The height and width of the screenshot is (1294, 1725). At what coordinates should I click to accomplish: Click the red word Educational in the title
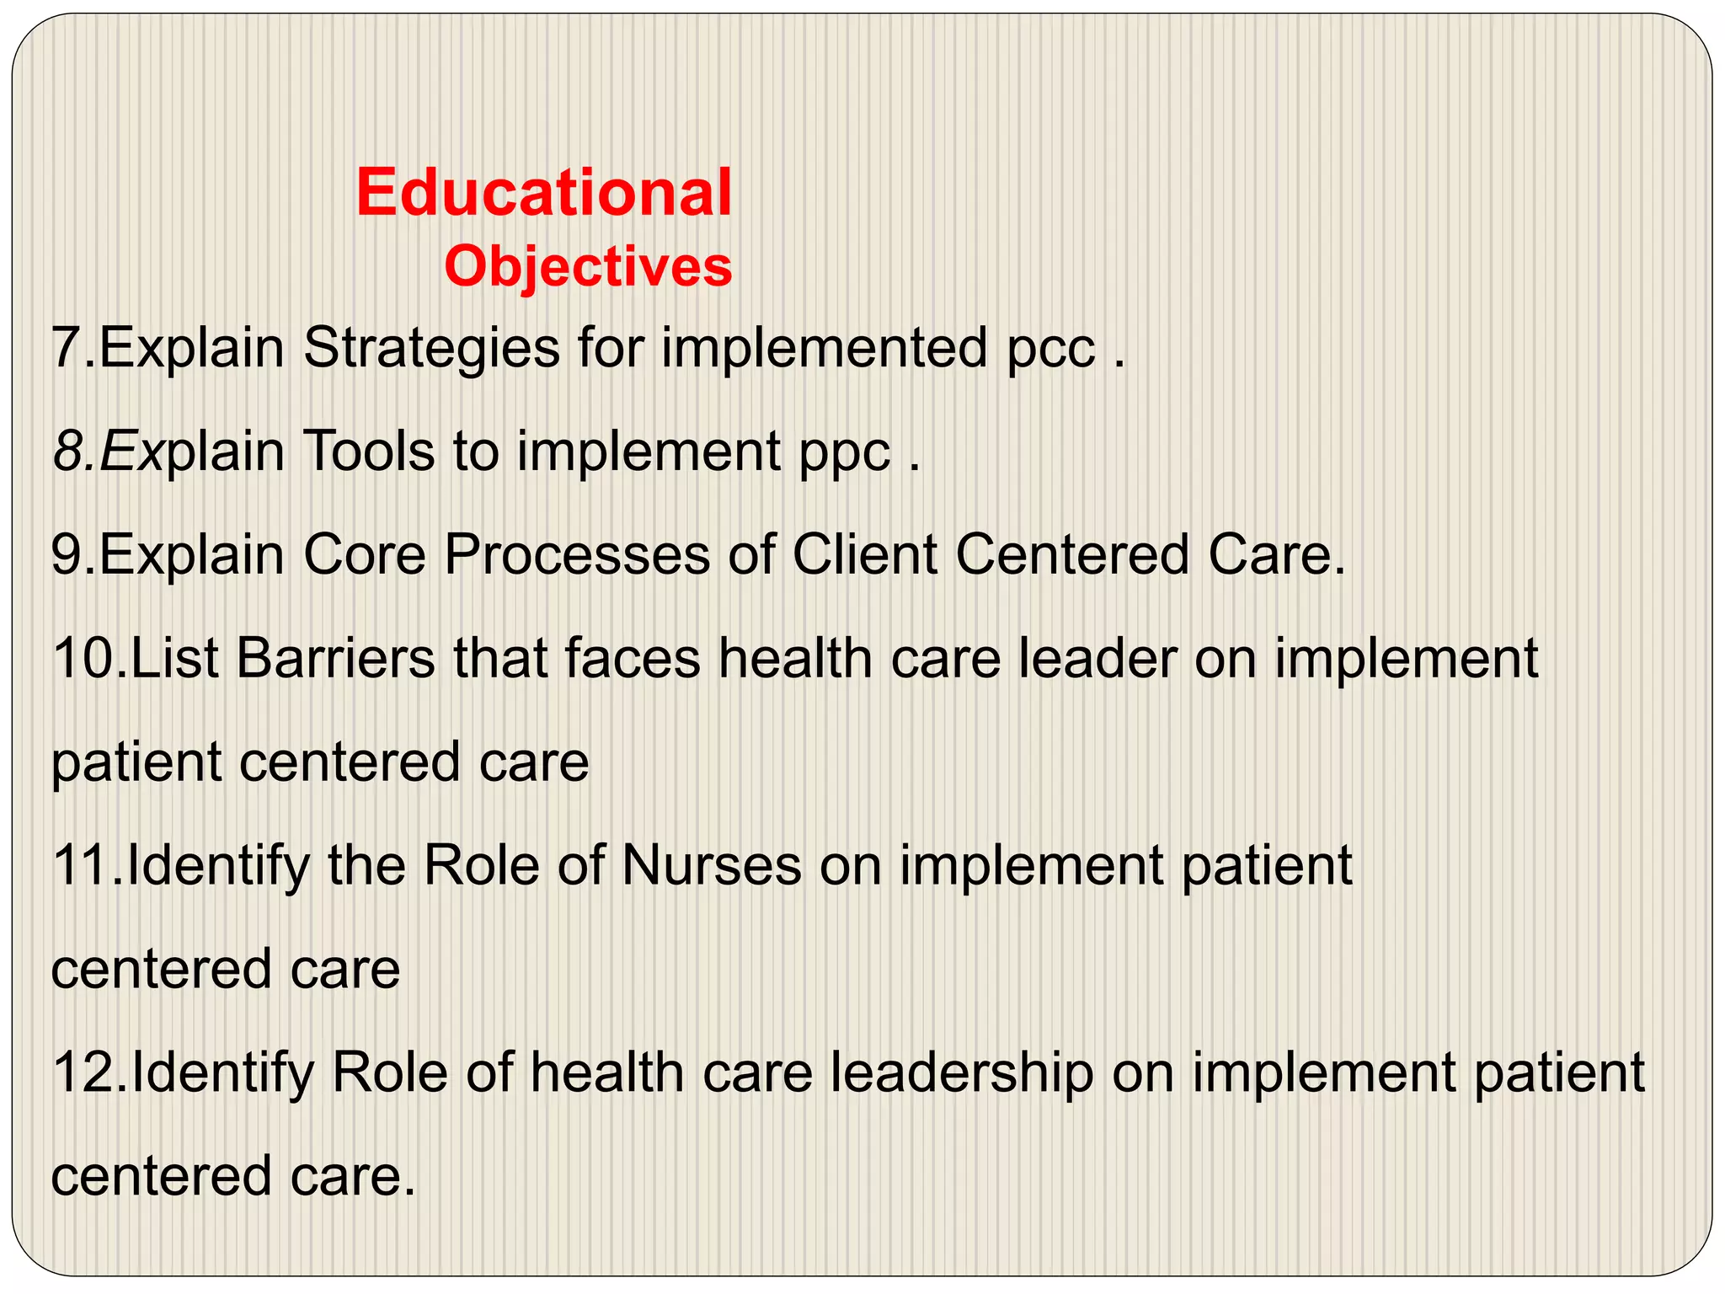[544, 193]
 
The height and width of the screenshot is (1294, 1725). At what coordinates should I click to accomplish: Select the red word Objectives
[588, 267]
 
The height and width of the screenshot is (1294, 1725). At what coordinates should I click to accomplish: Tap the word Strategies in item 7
[431, 349]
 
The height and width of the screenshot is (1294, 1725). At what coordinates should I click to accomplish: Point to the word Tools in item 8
[369, 452]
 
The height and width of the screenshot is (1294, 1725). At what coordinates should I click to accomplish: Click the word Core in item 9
[364, 555]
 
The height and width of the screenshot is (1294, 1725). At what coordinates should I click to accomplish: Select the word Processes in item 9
[577, 555]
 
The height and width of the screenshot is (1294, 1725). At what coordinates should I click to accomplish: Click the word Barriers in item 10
[335, 659]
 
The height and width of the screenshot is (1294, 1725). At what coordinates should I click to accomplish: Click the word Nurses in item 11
[712, 865]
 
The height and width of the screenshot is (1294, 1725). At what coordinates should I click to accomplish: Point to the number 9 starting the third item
[66, 555]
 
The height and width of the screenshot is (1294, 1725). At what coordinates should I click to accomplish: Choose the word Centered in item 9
[1072, 555]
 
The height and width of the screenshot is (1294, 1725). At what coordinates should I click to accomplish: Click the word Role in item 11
[481, 865]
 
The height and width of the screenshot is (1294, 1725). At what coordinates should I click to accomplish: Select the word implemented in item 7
[824, 349]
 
